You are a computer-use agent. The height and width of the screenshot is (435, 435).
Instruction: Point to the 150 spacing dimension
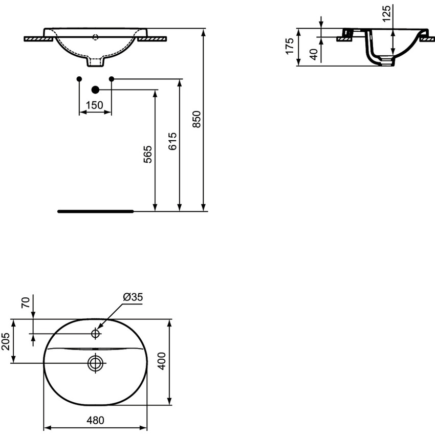click(94, 105)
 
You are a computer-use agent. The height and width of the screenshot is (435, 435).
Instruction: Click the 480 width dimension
click(95, 421)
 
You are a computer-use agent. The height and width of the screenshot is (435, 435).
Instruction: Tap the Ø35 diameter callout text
click(132, 297)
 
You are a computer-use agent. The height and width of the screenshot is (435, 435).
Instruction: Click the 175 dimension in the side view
click(290, 47)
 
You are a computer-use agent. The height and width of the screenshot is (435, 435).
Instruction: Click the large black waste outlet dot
click(95, 90)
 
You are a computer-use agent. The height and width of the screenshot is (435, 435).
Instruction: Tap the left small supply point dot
click(78, 78)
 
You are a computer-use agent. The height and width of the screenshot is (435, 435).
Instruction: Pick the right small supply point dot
click(112, 78)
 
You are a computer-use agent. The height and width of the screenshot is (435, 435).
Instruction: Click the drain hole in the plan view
click(95, 363)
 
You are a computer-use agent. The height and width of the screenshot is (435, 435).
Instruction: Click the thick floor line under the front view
click(95, 210)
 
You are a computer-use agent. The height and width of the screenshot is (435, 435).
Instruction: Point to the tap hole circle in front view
click(95, 36)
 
